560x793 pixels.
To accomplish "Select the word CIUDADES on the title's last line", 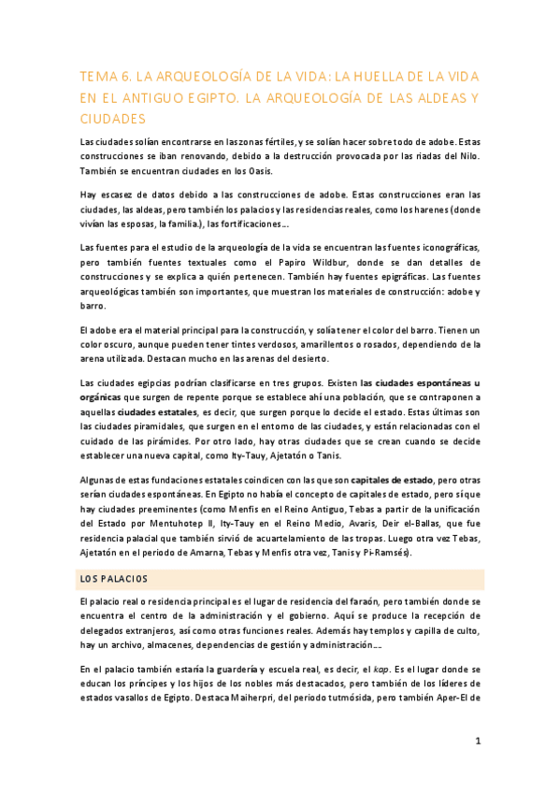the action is coord(114,119).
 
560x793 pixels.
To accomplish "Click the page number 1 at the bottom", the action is coord(478,742).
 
